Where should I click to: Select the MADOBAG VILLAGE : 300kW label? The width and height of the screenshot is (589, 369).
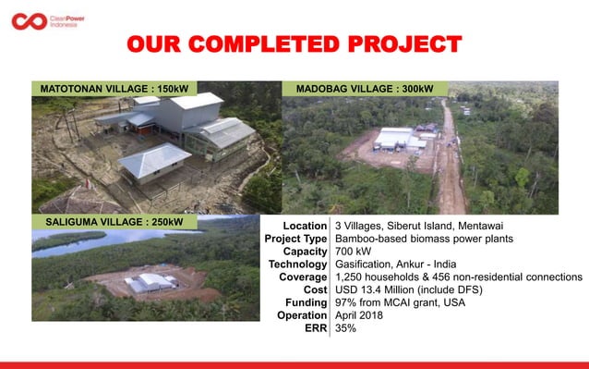365,89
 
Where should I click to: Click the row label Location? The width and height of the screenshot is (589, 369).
305,226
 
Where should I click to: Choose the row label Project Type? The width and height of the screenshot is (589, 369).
290,239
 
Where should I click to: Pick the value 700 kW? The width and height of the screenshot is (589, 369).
354,252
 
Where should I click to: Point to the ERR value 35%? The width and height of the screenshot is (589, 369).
346,329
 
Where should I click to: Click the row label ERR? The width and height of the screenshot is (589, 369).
315,329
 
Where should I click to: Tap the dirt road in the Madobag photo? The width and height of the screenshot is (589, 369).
450,157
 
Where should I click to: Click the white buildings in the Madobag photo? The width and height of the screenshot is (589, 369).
394,140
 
